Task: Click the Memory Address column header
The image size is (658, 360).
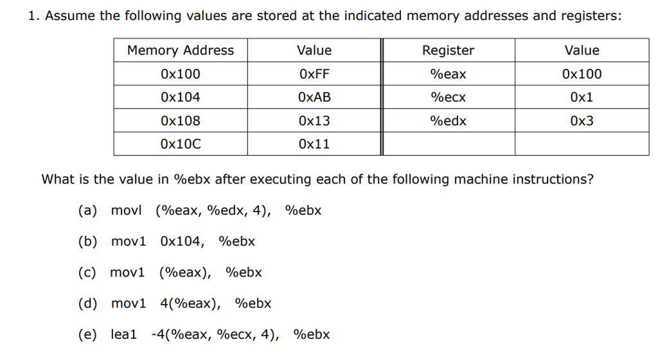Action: pos(181,50)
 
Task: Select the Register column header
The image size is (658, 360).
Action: pos(448,50)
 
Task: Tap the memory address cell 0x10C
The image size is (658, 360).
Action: pos(181,144)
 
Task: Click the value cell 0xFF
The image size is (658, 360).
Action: pos(314,74)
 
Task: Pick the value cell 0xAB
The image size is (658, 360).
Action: pos(314,97)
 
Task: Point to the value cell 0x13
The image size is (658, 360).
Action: pos(314,121)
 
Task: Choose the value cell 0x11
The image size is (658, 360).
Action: pos(314,144)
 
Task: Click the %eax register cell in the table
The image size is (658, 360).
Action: pos(448,74)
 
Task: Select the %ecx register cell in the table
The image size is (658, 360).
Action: pos(448,97)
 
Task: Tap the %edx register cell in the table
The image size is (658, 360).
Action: pos(448,121)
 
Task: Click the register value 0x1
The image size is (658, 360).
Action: pos(582,97)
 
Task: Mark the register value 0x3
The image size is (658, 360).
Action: pos(582,121)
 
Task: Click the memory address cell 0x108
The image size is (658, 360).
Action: pos(181,121)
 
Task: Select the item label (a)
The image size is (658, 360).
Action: pos(87,210)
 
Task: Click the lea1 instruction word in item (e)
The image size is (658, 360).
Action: pos(124,334)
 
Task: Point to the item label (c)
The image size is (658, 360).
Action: pos(87,273)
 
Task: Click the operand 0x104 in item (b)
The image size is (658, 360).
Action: pos(181,241)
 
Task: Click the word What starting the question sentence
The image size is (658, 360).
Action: pos(58,179)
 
